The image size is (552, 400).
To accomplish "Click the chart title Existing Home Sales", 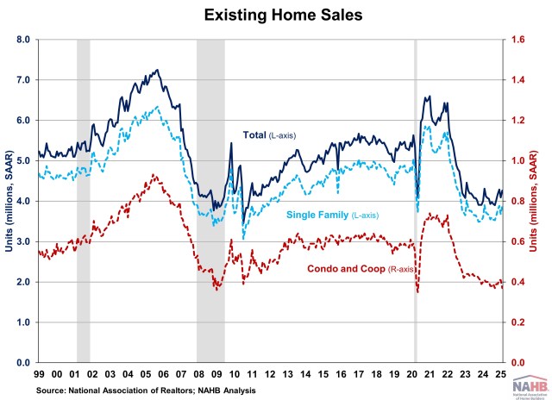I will tap(276, 16).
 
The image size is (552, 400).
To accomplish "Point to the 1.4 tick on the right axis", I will tap(517, 80).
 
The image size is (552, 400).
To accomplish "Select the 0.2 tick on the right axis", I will tap(517, 322).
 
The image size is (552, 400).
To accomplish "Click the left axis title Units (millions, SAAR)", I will tap(9, 201).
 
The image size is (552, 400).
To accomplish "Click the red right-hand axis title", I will tap(543, 201).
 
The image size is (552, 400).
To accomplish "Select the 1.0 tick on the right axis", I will tap(517, 160).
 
